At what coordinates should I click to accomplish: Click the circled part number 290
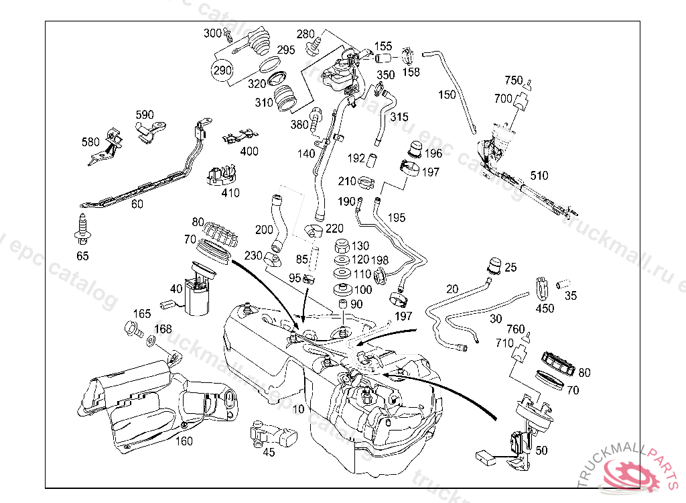223,69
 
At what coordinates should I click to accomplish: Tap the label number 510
539,176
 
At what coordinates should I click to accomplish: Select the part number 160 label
184,441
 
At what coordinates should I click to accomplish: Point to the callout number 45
269,453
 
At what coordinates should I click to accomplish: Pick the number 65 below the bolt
82,256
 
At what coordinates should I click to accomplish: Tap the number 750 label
513,80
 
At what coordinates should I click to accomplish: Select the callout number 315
399,117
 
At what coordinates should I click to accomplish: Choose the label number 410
230,193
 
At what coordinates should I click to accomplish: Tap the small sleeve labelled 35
563,282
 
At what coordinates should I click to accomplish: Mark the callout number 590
145,115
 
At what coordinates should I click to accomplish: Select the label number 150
447,95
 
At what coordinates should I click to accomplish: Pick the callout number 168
163,329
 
